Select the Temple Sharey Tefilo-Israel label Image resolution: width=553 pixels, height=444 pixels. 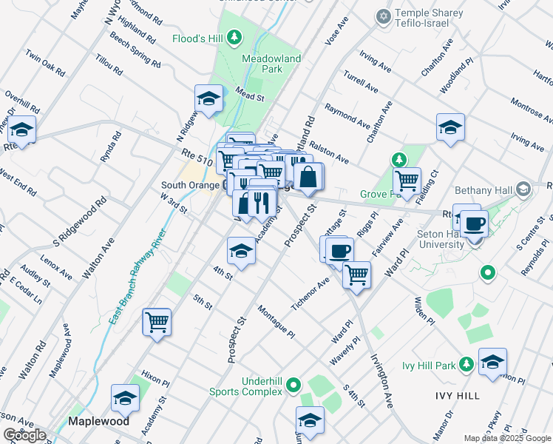(429, 19)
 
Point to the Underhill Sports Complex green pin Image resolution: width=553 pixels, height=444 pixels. (294, 385)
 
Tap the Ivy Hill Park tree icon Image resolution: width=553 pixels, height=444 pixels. (466, 364)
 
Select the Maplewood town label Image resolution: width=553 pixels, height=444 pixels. (98, 421)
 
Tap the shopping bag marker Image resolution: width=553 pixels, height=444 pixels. (308, 178)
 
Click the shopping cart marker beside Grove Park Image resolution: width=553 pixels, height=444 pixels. (407, 181)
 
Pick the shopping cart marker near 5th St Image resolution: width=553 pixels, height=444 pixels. (157, 323)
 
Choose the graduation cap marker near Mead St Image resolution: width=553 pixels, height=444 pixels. (209, 98)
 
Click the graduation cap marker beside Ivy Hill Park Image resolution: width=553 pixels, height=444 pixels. (492, 363)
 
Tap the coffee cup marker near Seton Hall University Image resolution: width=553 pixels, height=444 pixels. (474, 223)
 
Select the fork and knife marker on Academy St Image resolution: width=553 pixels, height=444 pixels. (259, 202)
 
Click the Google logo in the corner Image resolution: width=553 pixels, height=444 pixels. (24, 435)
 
